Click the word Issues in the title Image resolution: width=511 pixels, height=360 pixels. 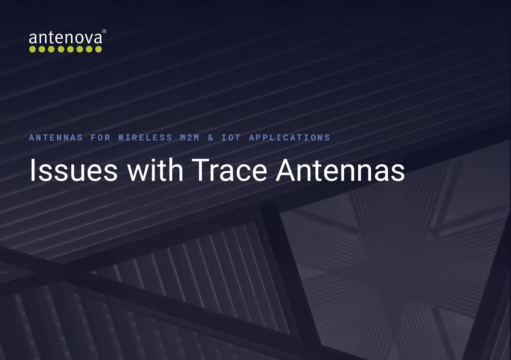[x=73, y=171]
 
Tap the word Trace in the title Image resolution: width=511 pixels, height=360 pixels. [x=230, y=171]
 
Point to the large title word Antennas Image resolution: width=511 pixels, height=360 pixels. [x=340, y=171]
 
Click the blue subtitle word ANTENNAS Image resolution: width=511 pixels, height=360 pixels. [x=56, y=138]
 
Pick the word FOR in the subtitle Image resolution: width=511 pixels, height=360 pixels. [x=101, y=138]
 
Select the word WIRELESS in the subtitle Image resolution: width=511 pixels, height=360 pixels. [x=145, y=138]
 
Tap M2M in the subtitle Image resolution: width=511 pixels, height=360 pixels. [x=190, y=138]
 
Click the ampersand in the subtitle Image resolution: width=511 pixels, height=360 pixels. [x=211, y=138]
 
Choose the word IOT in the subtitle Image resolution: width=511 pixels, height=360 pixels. [x=231, y=138]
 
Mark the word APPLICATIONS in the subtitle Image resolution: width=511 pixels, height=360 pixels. [x=290, y=138]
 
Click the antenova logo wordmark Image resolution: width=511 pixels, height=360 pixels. [x=65, y=38]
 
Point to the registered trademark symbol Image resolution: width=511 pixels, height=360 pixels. [x=104, y=31]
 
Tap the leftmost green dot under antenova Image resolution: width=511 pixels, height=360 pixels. [x=33, y=49]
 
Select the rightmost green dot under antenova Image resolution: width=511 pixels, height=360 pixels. [x=98, y=49]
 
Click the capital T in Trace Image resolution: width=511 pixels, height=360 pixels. [x=202, y=171]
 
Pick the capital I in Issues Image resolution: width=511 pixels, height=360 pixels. [x=31, y=171]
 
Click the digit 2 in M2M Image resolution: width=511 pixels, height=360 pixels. [x=190, y=138]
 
